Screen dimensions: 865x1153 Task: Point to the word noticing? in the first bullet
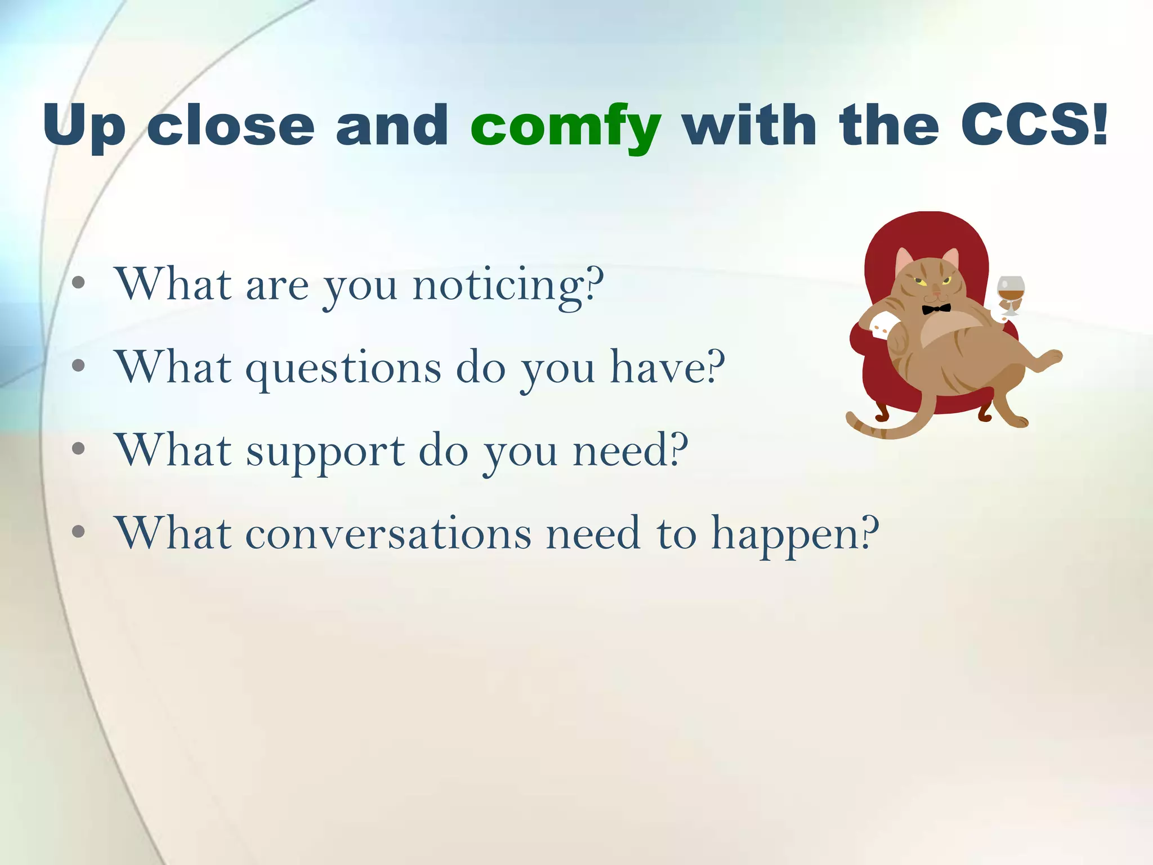[x=508, y=286]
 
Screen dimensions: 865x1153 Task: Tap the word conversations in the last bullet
[x=388, y=533]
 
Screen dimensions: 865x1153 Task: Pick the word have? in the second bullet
[x=668, y=367]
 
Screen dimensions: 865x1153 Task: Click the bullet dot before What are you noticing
[x=79, y=283]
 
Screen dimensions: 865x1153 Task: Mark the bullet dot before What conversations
[x=79, y=531]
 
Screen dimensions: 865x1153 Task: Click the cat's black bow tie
[x=936, y=309]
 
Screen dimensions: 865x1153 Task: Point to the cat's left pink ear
[x=904, y=260]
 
